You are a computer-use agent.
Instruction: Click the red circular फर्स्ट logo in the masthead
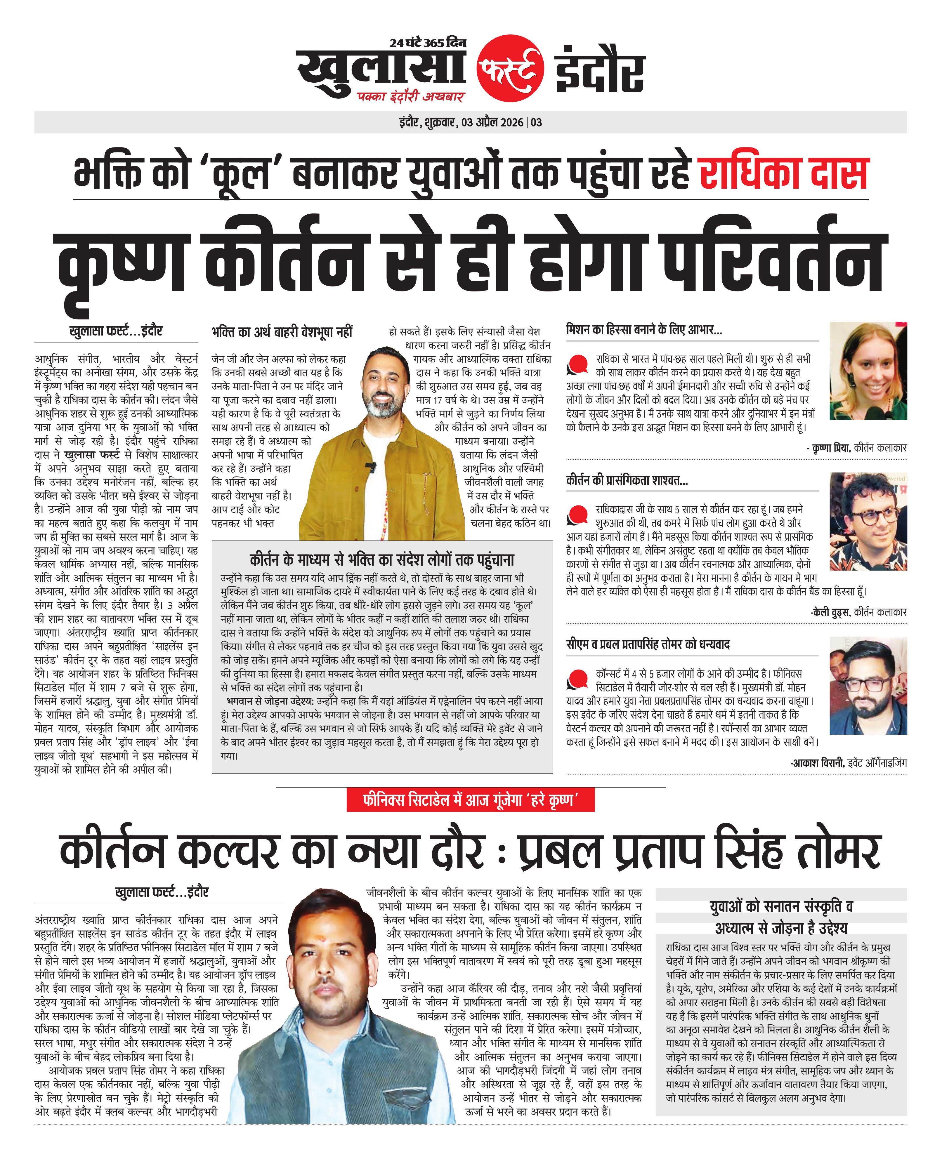pos(510,69)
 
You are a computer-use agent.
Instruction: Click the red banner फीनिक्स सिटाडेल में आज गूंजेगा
pos(471,800)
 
